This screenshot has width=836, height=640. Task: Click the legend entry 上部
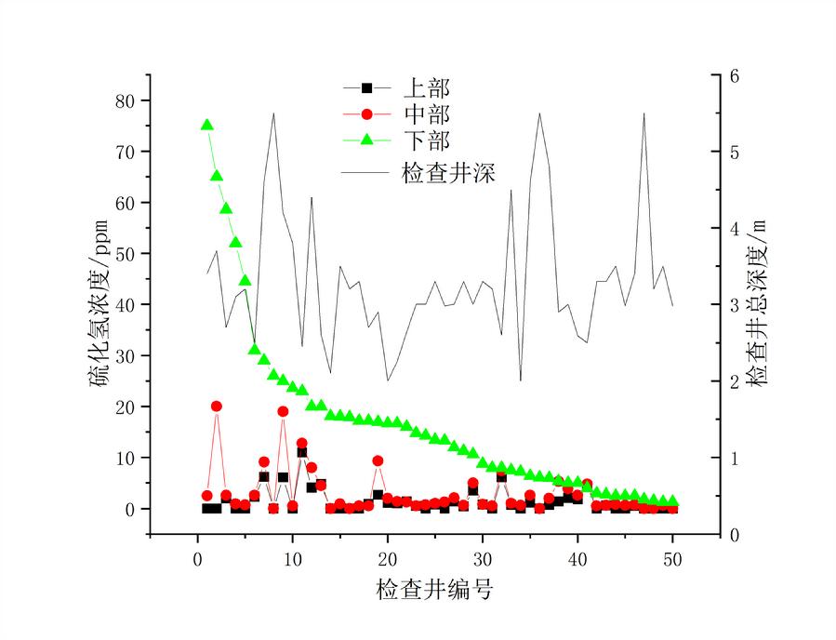(426, 88)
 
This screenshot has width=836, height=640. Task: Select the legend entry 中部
(426, 114)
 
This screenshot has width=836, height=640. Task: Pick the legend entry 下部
(426, 141)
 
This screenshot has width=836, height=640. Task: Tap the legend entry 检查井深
(446, 172)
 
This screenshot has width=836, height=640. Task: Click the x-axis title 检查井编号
(434, 590)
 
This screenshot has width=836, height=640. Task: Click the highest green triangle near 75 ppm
(207, 125)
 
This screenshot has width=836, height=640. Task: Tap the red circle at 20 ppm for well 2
(217, 407)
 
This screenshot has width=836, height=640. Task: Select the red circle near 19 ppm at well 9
(283, 411)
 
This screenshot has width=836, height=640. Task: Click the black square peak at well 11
(302, 453)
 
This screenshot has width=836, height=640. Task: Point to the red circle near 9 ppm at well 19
(378, 460)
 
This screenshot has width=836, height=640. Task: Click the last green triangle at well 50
(672, 500)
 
